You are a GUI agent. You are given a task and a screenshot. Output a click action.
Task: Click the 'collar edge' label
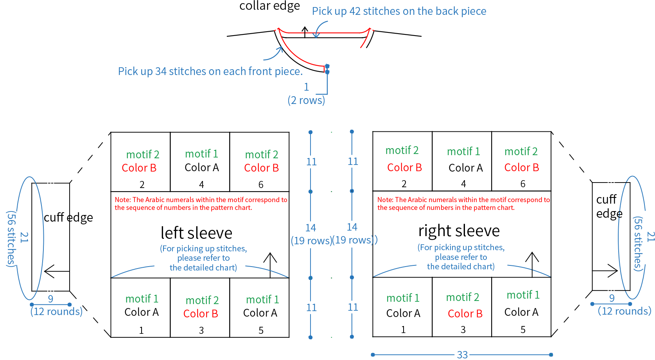pos(269,6)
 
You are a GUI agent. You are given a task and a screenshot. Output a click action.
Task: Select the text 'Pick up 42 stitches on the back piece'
pos(399,11)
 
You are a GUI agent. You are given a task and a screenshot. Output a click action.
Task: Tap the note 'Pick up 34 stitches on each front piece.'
pos(210,71)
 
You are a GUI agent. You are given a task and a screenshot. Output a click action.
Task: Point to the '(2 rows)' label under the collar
pos(306,100)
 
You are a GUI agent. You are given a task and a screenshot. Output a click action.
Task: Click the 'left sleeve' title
pos(196,233)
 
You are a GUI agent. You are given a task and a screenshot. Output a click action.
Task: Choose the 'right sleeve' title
pos(459,231)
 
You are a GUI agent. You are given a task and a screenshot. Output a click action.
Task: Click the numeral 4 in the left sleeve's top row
pos(201,184)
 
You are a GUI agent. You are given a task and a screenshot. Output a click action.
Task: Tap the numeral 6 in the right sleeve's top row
pos(523,183)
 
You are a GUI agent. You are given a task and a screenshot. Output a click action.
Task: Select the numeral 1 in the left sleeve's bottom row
pos(141,330)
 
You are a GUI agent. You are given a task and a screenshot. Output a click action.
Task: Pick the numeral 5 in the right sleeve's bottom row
pos(523,330)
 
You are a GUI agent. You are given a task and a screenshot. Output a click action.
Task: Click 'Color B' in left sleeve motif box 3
pos(201,313)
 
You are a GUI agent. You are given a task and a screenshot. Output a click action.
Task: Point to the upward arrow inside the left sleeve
pos(270,265)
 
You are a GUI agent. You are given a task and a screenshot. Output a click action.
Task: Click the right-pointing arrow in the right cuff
pos(605,271)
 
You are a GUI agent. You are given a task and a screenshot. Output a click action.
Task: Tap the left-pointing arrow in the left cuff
pos(57,271)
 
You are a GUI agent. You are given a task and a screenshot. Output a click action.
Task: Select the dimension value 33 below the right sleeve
pos(462,355)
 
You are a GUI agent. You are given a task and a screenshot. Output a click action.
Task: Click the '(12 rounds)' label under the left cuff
pos(56,312)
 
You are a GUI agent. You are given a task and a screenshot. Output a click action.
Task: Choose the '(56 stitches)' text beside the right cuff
pos(638,244)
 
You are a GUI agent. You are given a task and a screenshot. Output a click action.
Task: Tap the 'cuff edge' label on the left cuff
pos(68,217)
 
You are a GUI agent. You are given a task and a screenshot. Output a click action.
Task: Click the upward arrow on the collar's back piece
pos(305,32)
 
